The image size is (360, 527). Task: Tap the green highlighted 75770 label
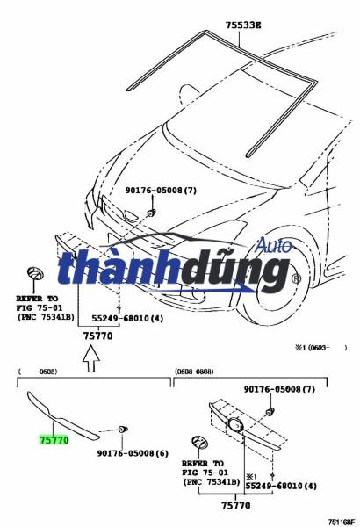pos(54,438)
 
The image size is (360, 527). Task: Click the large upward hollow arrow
pos(92,355)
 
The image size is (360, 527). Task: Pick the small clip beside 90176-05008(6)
pos(123,429)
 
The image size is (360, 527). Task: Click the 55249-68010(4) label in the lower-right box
pos(281,485)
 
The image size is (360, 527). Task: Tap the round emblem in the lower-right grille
pos(236,426)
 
